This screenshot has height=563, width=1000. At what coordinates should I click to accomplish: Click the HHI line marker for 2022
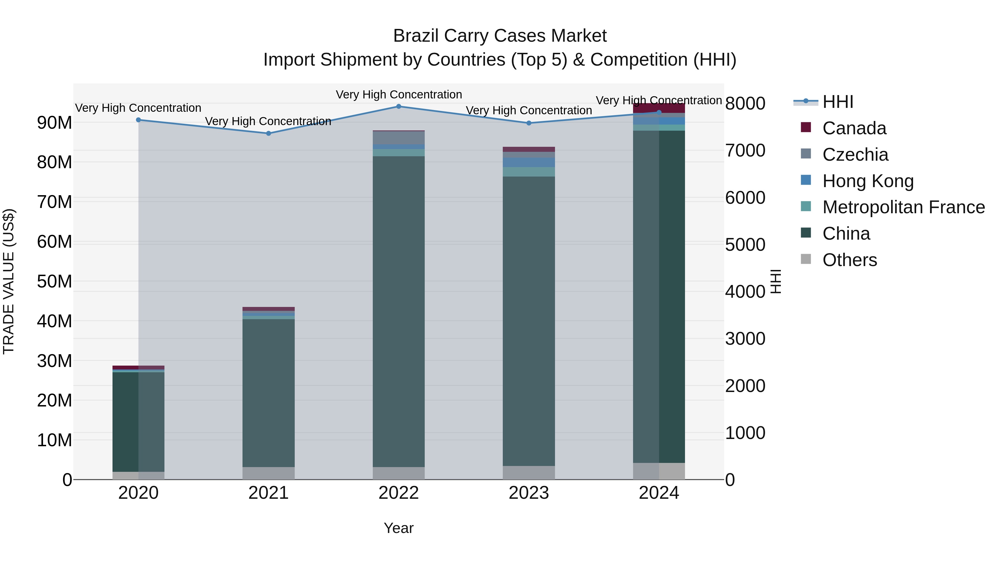point(398,106)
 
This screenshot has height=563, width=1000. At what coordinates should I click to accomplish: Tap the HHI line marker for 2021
point(268,133)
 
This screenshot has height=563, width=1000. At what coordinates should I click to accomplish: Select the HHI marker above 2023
point(528,123)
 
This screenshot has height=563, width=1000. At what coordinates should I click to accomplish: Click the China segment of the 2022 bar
point(398,311)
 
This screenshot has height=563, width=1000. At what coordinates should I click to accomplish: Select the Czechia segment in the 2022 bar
point(398,138)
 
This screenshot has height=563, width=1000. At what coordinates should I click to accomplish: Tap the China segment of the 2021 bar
point(268,392)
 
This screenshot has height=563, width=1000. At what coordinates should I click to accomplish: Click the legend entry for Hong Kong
point(867,181)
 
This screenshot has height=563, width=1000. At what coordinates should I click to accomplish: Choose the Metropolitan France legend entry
point(903,207)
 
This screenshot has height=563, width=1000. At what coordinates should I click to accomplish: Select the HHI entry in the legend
point(838,102)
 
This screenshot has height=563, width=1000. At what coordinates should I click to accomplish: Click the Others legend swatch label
point(849,260)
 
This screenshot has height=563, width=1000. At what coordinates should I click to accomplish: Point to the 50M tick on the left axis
point(54,281)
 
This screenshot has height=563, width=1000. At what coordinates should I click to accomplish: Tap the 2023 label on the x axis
point(528,493)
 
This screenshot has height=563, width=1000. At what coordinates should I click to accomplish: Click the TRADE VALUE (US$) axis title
point(9,281)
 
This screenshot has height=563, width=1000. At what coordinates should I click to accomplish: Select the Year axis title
point(398,528)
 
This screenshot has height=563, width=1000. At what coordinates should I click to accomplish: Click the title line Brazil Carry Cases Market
point(500,36)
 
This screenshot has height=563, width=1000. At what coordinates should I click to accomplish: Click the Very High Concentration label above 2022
point(398,95)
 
